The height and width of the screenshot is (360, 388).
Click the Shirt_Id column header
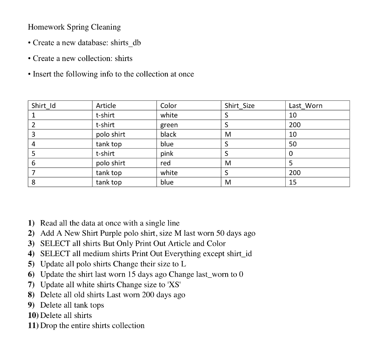[44, 106]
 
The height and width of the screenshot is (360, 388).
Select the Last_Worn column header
[305, 106]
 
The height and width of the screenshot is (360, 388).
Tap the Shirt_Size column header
[239, 106]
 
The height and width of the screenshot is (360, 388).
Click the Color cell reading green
[169, 125]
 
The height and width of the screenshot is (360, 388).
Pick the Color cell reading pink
[167, 153]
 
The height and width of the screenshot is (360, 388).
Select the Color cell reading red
[166, 163]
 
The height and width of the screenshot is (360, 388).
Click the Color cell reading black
[168, 135]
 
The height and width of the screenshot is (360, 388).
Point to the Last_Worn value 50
[293, 144]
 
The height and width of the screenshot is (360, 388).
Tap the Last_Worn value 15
[293, 182]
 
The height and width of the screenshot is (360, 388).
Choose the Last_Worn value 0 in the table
[291, 153]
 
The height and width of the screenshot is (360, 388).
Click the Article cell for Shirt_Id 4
[109, 144]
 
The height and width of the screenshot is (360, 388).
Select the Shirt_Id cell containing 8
[34, 182]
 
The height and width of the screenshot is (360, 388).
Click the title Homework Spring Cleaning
[74, 27]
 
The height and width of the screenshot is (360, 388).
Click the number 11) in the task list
[33, 326]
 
